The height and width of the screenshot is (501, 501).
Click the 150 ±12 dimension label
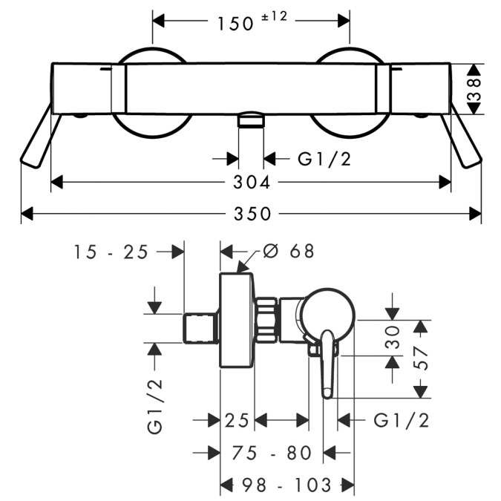(252, 22)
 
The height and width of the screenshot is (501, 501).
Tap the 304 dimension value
(252, 183)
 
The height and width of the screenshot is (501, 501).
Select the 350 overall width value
(252, 214)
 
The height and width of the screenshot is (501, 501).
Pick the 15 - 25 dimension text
(111, 252)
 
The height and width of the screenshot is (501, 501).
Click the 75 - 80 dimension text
(272, 453)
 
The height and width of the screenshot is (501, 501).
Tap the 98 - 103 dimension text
(286, 485)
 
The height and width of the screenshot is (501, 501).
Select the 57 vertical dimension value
(421, 358)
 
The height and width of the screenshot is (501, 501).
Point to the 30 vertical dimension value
(393, 337)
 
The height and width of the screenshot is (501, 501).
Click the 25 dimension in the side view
(237, 420)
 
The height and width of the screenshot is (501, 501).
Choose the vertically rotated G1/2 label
(155, 407)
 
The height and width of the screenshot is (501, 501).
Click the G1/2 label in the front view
(324, 159)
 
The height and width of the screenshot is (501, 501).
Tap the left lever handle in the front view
(41, 136)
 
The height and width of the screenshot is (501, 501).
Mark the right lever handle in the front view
(461, 136)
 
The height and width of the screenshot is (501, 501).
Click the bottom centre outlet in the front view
(251, 119)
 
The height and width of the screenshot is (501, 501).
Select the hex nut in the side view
(266, 321)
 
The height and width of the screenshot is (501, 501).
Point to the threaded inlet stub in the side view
(200, 329)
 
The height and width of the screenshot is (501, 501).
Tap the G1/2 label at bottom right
(401, 420)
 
